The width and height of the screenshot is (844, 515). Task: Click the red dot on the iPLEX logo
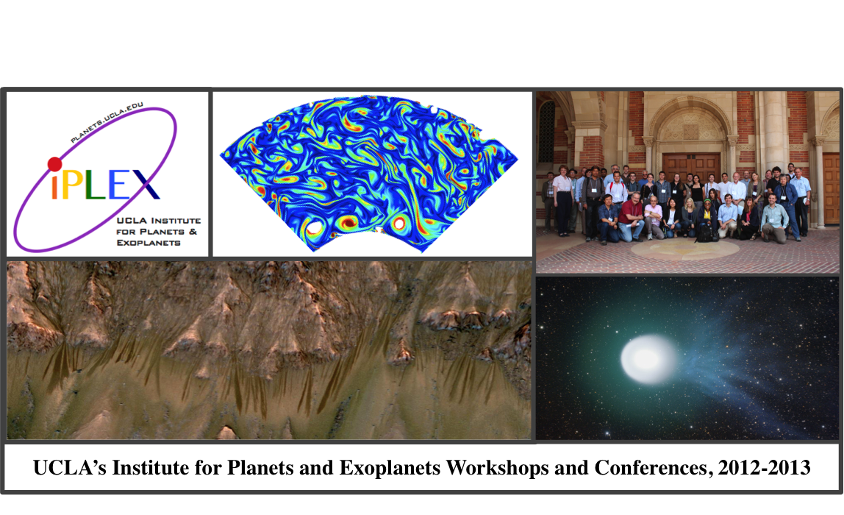pyautogui.click(x=54, y=164)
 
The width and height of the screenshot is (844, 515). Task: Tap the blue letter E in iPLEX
pyautogui.click(x=119, y=185)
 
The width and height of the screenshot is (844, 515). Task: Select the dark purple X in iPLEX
pyautogui.click(x=145, y=185)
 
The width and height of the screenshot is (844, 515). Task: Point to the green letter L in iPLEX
pyautogui.click(x=96, y=185)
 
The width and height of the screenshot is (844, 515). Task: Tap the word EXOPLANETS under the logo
pyautogui.click(x=148, y=243)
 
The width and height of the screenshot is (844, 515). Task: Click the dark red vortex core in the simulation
pyautogui.click(x=348, y=222)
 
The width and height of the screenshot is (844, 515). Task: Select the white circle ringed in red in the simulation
pyautogui.click(x=399, y=222)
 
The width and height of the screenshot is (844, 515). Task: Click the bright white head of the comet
pyautogui.click(x=648, y=359)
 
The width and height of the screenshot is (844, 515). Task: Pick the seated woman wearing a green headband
pyautogui.click(x=706, y=216)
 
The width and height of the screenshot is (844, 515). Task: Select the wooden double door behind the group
pyautogui.click(x=692, y=168)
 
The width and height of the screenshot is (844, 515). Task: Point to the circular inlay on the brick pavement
pyautogui.click(x=684, y=249)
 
